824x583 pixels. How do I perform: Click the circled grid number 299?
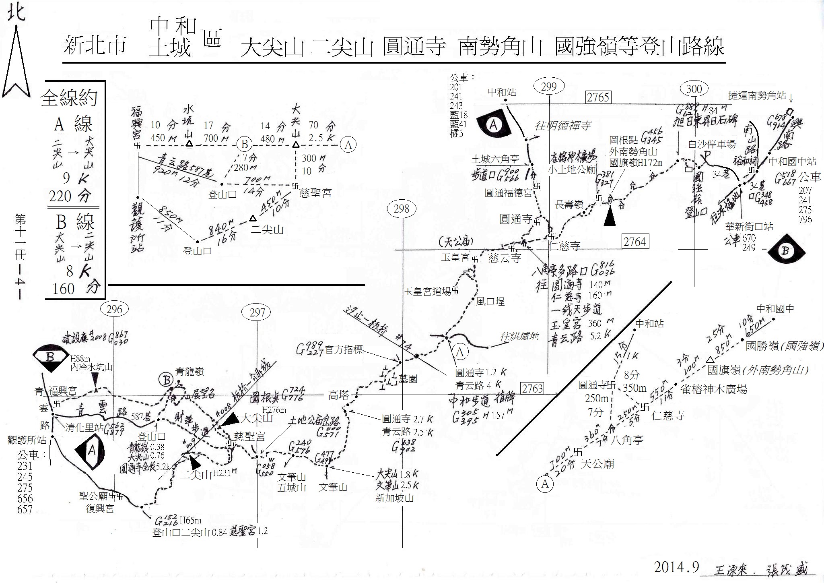548,87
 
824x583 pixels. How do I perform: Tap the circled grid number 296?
115,309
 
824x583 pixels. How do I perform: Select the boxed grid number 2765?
598,97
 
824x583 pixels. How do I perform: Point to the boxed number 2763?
532,388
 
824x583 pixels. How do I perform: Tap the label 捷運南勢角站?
757,95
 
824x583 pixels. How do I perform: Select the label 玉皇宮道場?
427,291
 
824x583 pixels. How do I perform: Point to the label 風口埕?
490,301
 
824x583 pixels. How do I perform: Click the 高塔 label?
338,395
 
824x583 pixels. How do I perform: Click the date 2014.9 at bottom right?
676,567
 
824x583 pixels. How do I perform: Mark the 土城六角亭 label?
495,159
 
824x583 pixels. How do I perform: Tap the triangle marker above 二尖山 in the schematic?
252,218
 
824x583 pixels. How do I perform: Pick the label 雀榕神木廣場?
713,389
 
